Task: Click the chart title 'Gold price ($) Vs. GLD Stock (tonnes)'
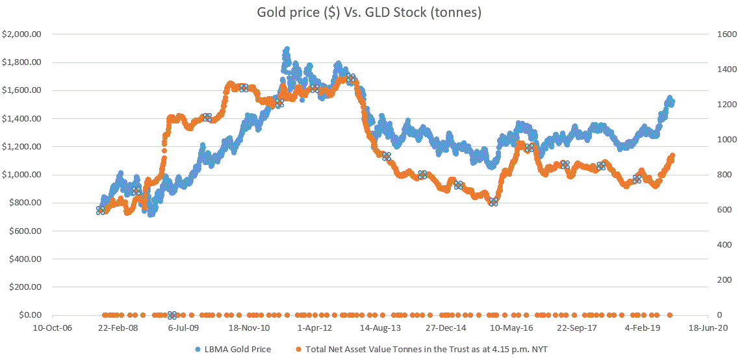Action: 371,13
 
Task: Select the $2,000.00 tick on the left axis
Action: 22,34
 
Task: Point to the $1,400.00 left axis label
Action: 22,119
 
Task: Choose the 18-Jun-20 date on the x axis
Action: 709,328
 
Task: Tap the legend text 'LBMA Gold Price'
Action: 237,350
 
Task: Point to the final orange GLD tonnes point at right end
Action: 672,156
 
